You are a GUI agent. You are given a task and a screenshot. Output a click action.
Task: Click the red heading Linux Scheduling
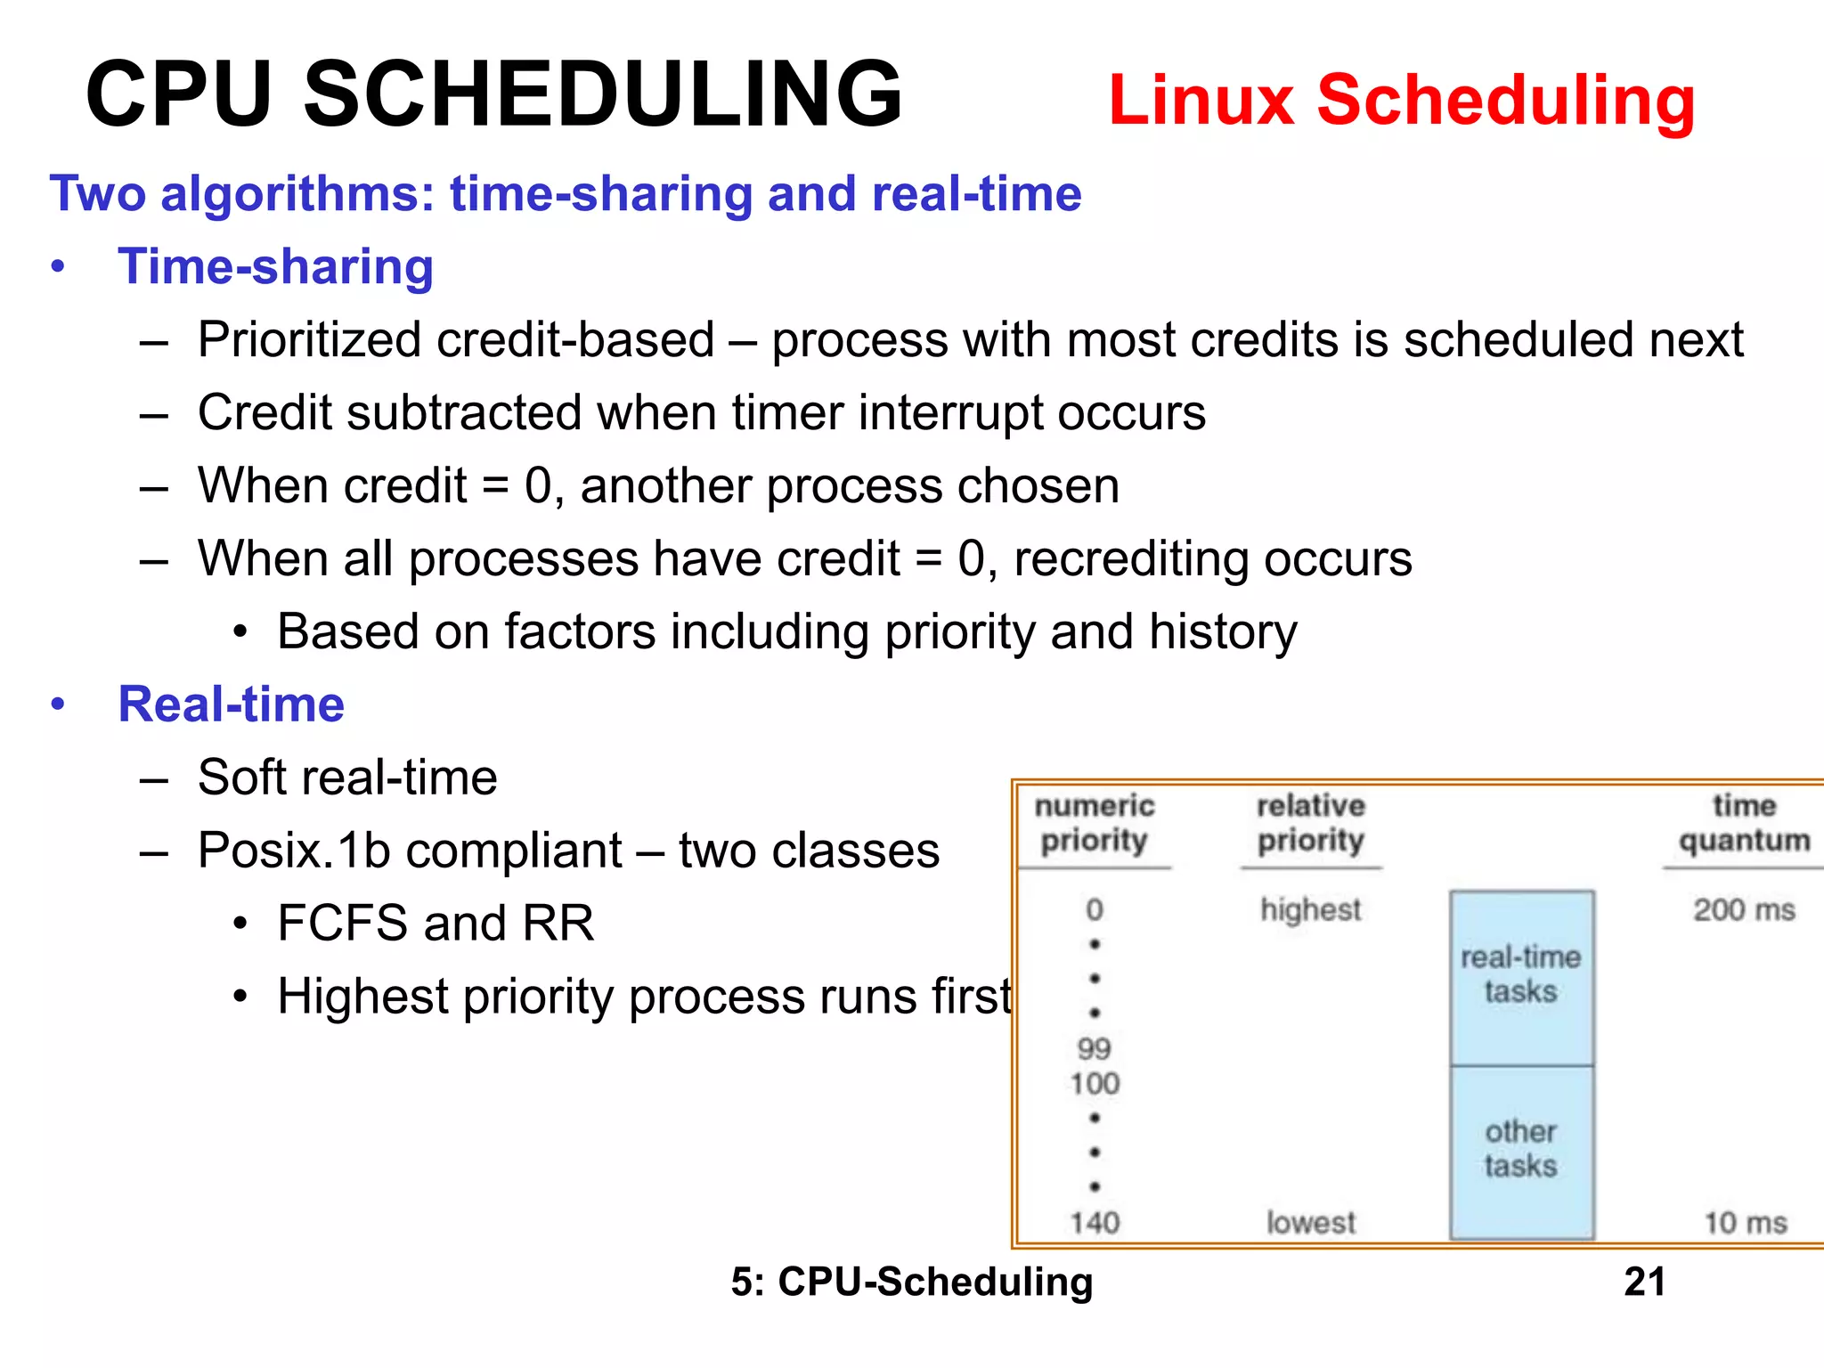coord(1401,100)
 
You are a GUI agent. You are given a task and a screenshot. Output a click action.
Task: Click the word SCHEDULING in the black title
coord(603,94)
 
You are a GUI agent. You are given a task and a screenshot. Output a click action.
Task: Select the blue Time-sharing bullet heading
coord(275,266)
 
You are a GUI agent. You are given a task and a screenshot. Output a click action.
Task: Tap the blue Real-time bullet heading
coord(231,704)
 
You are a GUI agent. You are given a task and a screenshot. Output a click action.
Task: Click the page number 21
coord(1644,1282)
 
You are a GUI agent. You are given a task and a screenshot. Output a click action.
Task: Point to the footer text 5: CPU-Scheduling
coord(911,1282)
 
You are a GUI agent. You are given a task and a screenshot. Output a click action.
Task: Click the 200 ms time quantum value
coord(1743,909)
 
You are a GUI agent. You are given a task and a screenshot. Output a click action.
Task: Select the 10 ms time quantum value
coord(1745,1223)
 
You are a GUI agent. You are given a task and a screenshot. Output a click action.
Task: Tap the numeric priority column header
coord(1094,823)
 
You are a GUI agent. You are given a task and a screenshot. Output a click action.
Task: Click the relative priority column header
coord(1310,823)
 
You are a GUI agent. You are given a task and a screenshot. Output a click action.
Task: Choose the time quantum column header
coord(1744,823)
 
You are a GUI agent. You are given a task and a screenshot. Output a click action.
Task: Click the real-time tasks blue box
coord(1520,975)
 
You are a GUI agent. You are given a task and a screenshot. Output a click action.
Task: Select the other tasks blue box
coord(1520,1149)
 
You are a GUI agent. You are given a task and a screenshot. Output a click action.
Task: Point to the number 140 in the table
coord(1095,1223)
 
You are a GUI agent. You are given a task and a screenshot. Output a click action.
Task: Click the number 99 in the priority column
coord(1094,1048)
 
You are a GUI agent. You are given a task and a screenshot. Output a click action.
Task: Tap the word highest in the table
coord(1310,909)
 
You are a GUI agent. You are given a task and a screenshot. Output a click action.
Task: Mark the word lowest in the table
coord(1310,1223)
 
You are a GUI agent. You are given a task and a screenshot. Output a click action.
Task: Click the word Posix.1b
coord(294,851)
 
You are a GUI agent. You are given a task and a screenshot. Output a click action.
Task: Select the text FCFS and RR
coord(436,924)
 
